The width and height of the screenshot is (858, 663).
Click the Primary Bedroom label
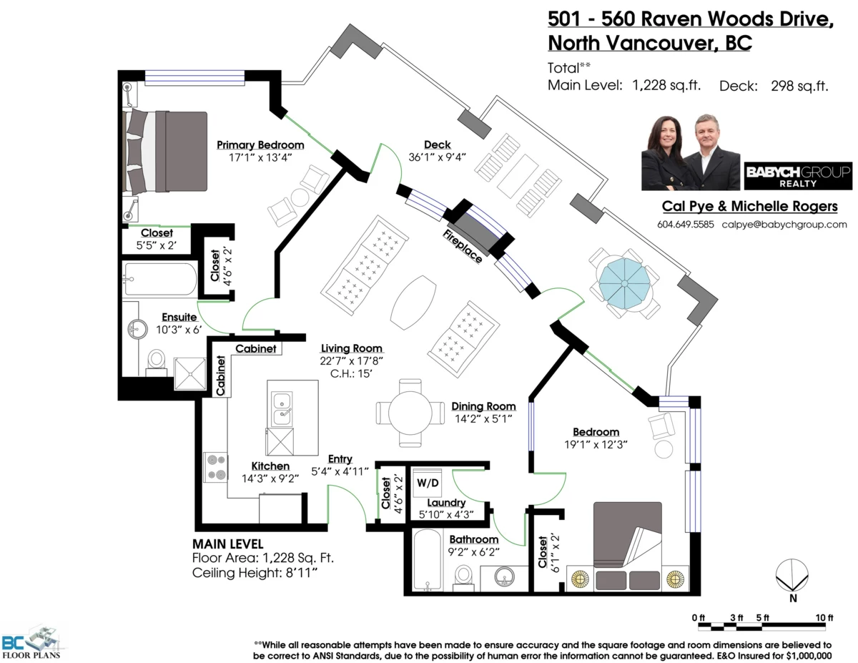[x=260, y=145]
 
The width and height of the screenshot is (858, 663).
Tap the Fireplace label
[x=463, y=246]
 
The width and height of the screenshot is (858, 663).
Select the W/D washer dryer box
[x=428, y=483]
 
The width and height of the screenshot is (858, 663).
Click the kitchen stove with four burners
[x=216, y=467]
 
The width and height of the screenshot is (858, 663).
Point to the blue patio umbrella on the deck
[x=624, y=283]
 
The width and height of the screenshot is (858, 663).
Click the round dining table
[x=410, y=413]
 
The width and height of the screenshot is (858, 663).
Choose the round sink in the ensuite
[x=137, y=328]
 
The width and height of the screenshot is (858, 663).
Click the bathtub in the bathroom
[x=427, y=560]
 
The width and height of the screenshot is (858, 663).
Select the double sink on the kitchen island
[x=282, y=409]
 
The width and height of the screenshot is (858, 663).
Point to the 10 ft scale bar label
[x=824, y=617]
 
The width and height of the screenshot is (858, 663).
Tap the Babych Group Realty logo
[x=798, y=176]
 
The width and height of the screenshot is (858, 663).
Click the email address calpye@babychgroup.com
[x=784, y=225]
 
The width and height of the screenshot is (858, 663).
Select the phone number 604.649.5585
[x=686, y=225]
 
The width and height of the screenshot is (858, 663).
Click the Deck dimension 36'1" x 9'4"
[x=437, y=157]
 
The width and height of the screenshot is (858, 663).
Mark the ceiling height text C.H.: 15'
[x=351, y=373]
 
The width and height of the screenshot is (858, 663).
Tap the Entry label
[x=340, y=459]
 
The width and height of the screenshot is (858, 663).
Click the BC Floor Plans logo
[x=34, y=643]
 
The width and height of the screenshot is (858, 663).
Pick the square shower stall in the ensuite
[x=190, y=373]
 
